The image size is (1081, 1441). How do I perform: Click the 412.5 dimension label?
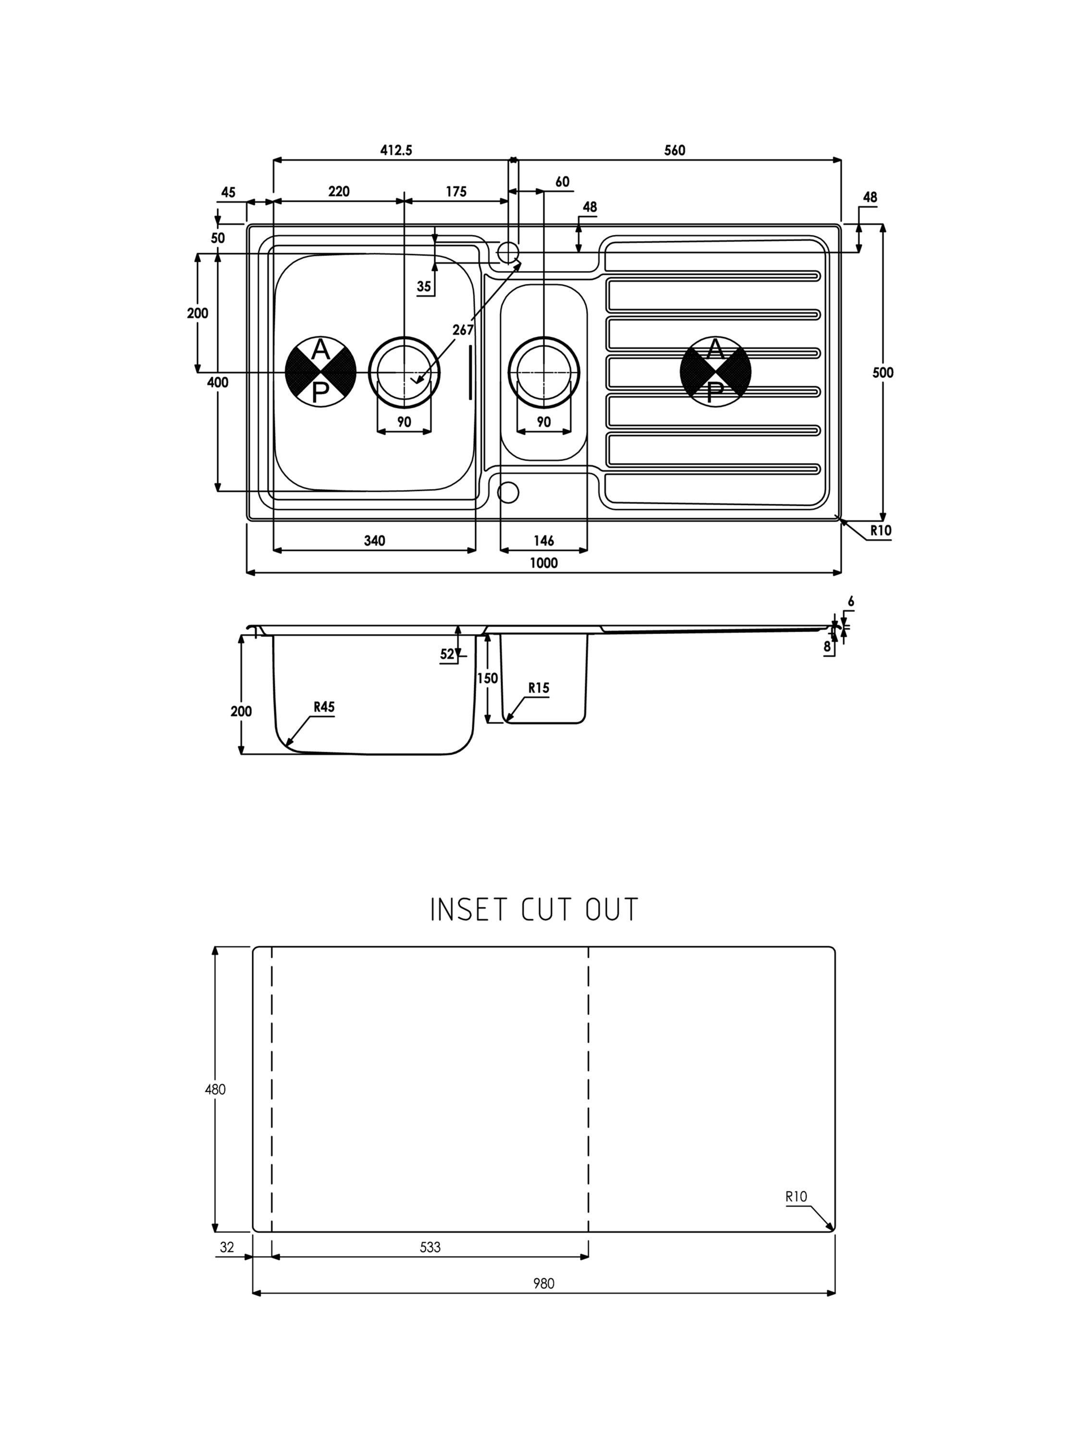pos(396,150)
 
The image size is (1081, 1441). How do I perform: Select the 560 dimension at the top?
pos(675,150)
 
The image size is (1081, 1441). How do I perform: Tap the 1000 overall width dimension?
pos(543,563)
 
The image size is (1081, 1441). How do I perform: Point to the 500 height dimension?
pos(883,373)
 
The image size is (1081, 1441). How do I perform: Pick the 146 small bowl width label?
pos(543,541)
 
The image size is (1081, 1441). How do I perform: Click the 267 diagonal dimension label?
pos(463,330)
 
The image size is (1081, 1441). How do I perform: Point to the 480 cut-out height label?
pos(215,1089)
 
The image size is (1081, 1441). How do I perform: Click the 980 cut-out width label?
pos(543,1283)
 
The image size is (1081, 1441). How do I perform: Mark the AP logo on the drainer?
pos(715,372)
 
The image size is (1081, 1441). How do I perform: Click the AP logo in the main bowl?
pos(320,372)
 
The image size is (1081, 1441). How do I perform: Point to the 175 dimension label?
pos(456,192)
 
